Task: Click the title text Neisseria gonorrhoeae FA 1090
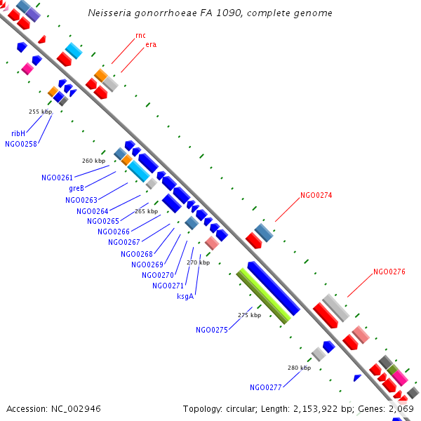(210, 13)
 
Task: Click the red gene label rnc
(140, 35)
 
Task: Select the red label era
(150, 45)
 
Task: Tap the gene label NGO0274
(316, 196)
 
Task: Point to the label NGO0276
(389, 272)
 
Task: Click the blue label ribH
(18, 133)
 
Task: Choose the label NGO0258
(21, 144)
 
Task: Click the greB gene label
(76, 189)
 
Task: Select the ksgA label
(186, 296)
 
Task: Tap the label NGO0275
(212, 330)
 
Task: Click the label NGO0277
(265, 387)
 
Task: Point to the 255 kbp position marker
(40, 112)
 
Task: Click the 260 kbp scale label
(93, 161)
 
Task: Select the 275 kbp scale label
(249, 315)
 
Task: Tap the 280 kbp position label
(299, 368)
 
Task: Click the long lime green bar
(264, 296)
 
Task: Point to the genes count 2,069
(402, 408)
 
